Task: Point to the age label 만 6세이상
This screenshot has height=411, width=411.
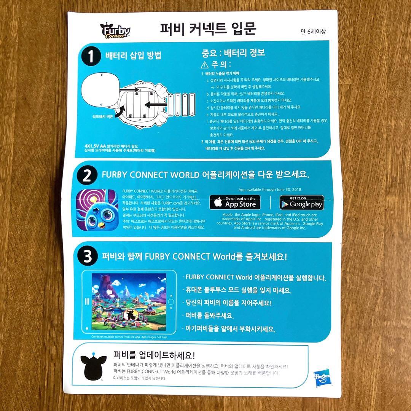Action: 313,32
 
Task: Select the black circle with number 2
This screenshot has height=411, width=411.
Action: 87,176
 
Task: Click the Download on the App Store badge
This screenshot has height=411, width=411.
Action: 235,202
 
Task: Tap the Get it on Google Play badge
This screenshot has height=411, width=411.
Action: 302,202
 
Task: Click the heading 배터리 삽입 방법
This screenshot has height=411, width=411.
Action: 133,56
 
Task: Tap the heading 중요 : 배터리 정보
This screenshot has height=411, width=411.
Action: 233,53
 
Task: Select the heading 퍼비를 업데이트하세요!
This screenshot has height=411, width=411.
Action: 154,355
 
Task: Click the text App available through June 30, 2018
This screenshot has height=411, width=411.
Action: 270,189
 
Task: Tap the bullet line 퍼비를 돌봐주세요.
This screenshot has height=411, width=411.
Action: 209,315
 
